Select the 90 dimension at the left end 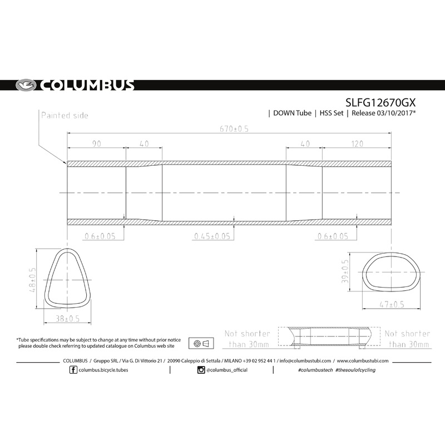(96, 144)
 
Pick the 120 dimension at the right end (357, 144)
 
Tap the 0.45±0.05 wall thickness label (212, 236)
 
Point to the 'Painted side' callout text (64, 115)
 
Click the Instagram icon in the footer (201, 370)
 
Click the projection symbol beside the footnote (202, 343)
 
